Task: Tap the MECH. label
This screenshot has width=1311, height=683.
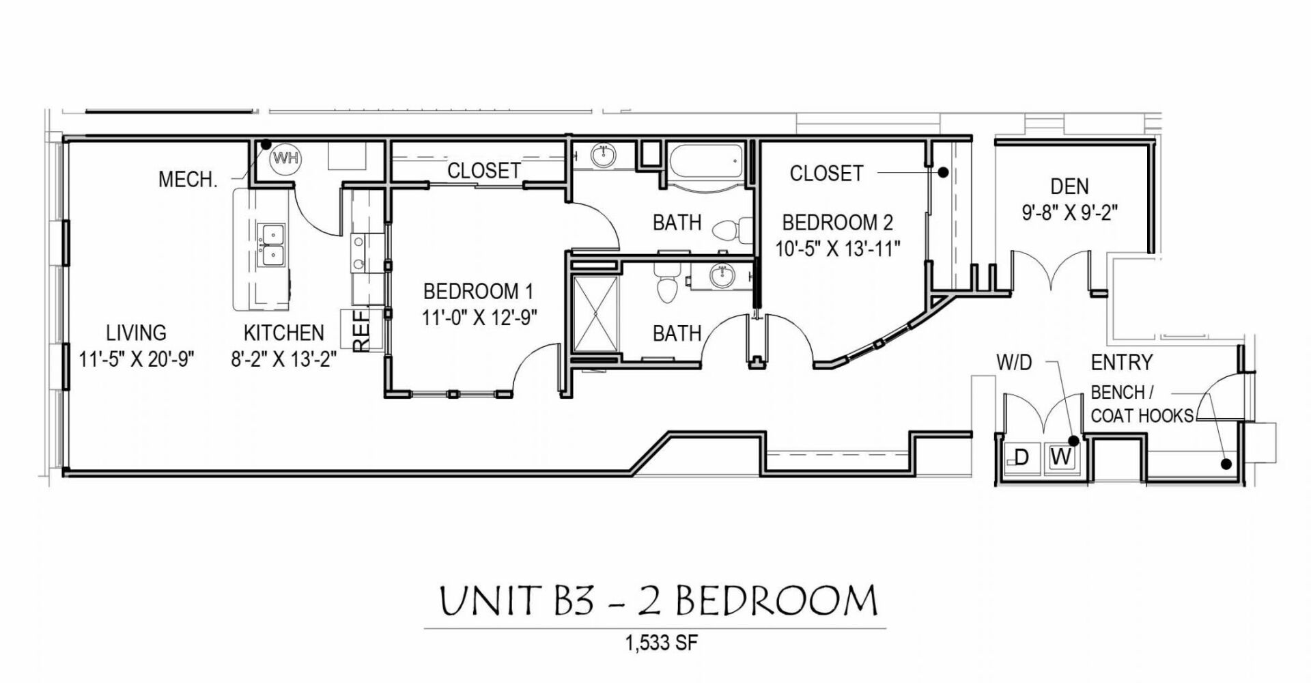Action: pyautogui.click(x=188, y=180)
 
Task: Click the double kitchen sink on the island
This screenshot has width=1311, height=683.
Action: pyautogui.click(x=272, y=246)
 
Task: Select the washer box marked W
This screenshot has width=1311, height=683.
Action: pyautogui.click(x=1061, y=457)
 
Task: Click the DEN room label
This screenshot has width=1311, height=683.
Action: pyautogui.click(x=1069, y=186)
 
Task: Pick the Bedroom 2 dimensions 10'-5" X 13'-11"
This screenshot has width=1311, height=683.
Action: pyautogui.click(x=838, y=247)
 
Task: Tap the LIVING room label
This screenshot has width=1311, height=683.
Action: pyautogui.click(x=137, y=333)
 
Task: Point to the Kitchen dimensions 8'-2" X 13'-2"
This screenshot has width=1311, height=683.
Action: pyautogui.click(x=284, y=359)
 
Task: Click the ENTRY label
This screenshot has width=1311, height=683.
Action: pyautogui.click(x=1121, y=362)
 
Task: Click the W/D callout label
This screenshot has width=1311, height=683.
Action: pyautogui.click(x=1014, y=363)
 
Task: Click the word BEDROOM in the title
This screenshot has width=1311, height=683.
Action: pyautogui.click(x=778, y=601)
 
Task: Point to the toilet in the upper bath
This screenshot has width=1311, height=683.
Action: pyautogui.click(x=727, y=229)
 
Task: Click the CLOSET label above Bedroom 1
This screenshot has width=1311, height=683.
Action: pyautogui.click(x=484, y=171)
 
